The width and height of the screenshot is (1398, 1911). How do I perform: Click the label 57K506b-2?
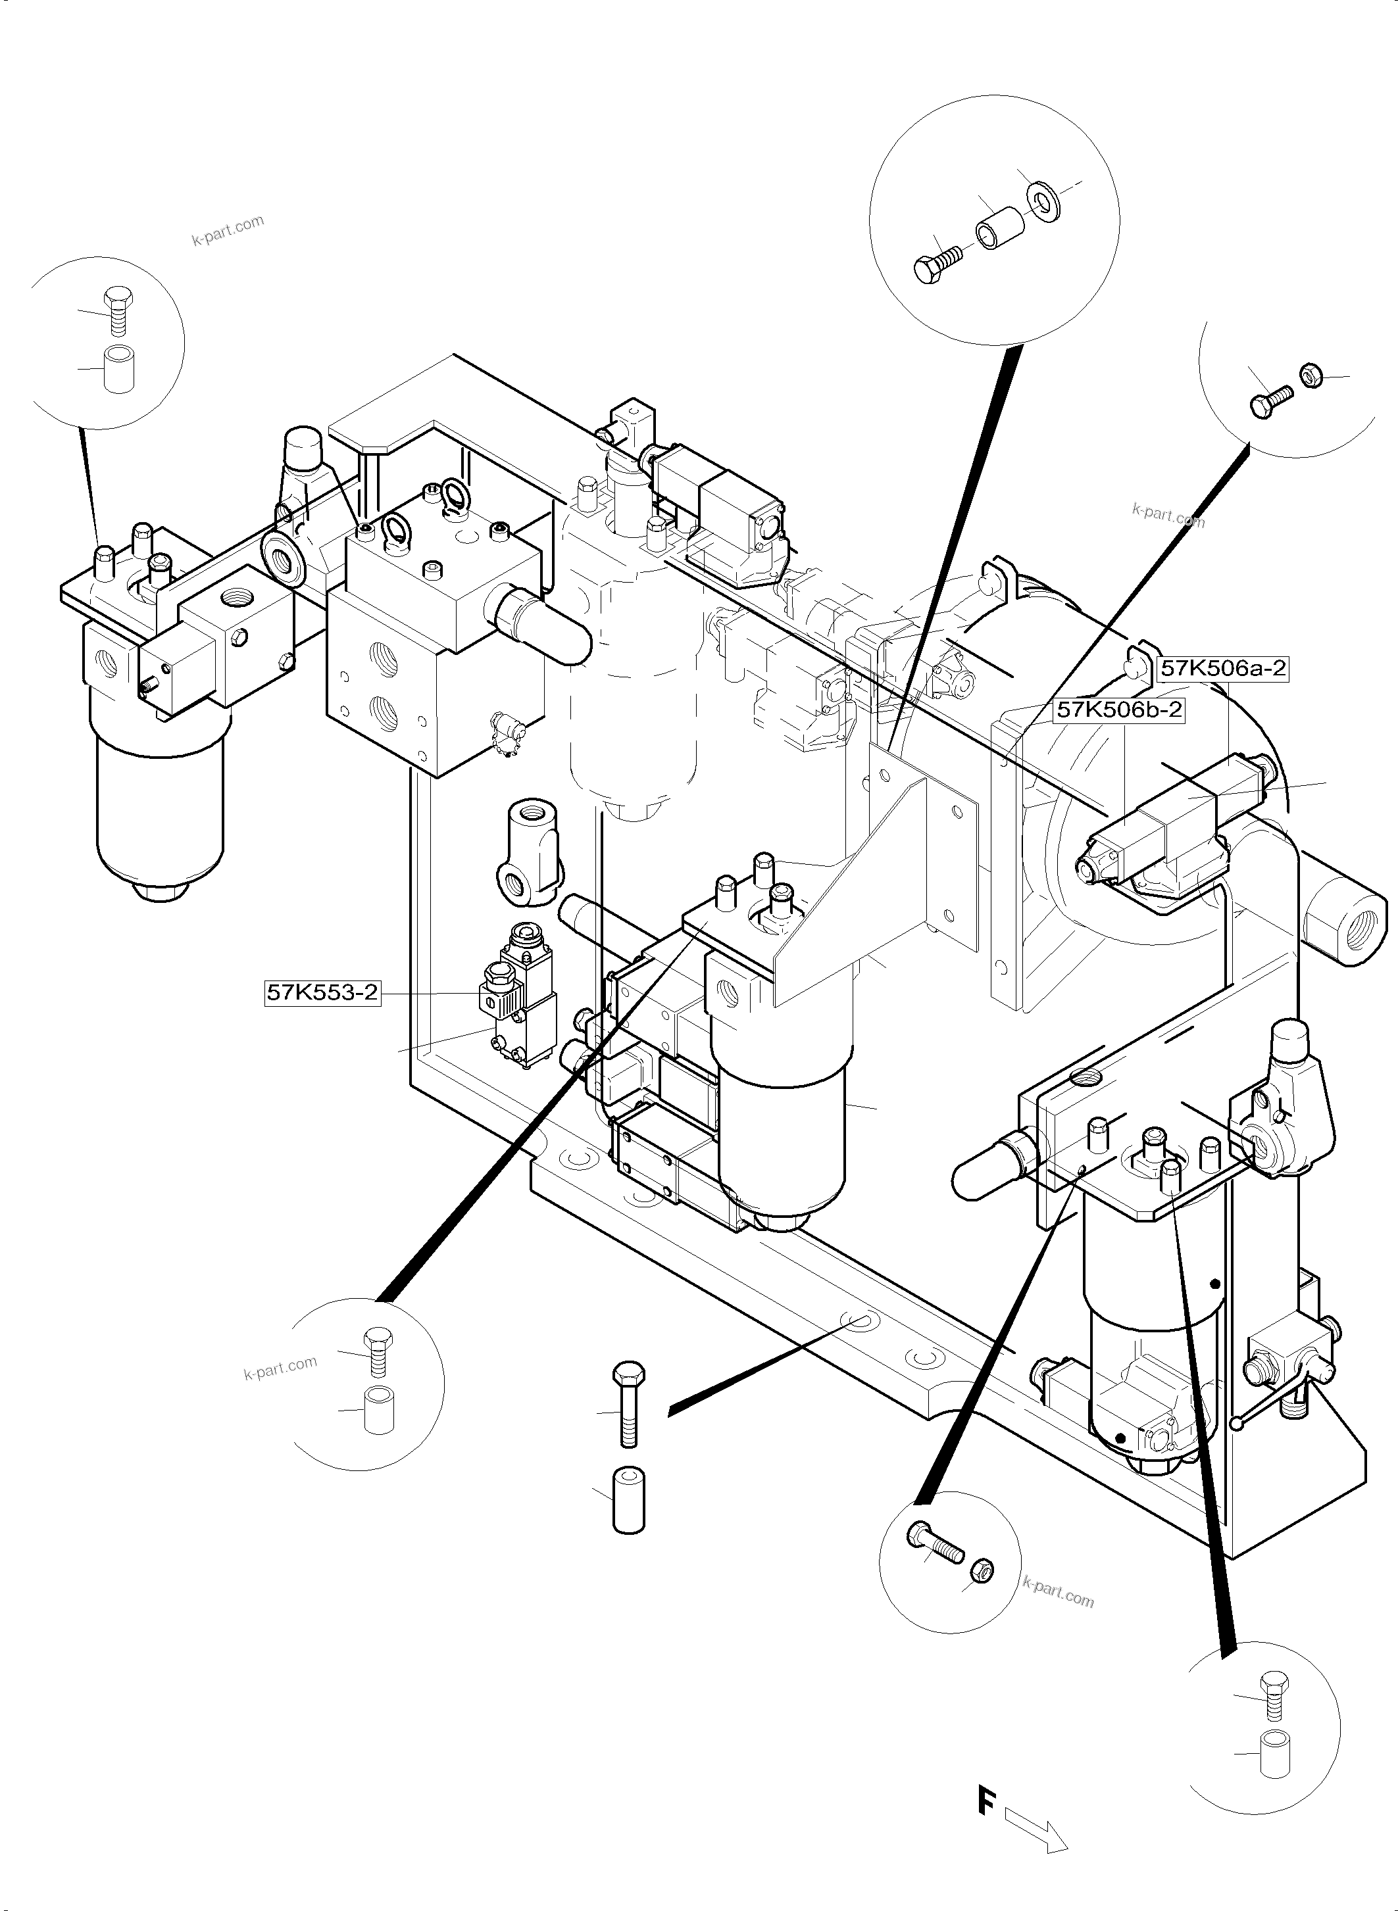click(x=1119, y=709)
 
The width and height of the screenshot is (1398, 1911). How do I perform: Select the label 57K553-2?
click(x=322, y=992)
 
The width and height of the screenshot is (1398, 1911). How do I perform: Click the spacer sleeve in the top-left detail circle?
click(x=118, y=369)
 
